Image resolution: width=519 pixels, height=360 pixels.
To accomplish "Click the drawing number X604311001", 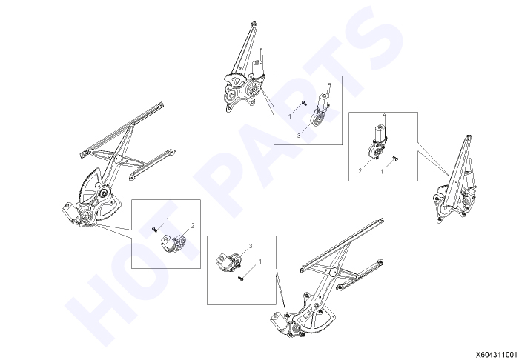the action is pos(497,354).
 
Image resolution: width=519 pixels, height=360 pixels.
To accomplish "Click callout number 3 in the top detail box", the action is pos(299,136).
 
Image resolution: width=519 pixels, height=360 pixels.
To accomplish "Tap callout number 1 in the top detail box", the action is pos(290,116).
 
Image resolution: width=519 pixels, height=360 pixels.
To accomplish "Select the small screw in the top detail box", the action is pos(304,104).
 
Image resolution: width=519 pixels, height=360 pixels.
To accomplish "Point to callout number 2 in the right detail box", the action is pos(360,171).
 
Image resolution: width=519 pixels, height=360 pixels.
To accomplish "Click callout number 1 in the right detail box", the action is pos(382,172).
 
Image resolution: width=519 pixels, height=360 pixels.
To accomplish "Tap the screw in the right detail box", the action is pos(395,159).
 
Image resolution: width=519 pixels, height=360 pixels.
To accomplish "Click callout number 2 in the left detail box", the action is pos(193,226).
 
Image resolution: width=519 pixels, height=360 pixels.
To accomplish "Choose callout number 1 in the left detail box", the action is pos(168,220).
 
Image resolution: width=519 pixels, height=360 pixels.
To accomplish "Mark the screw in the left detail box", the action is pos(154,229).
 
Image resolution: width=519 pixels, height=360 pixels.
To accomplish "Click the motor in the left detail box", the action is pos(173,243).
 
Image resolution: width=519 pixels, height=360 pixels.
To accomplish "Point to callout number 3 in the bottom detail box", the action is pos(251,246).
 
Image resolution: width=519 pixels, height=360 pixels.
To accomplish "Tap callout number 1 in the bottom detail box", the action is pos(260,261).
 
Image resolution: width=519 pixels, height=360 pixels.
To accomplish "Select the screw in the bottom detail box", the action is pos(241,279).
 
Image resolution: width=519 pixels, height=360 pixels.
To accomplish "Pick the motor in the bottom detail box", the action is pos(228,262).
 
